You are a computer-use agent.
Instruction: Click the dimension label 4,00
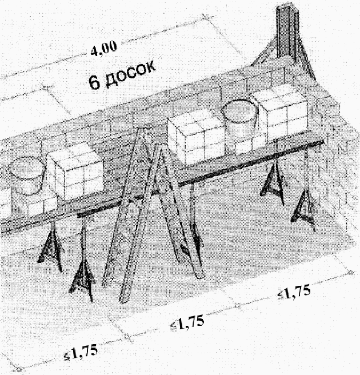coord(104,49)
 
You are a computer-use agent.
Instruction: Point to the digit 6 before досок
coord(94,82)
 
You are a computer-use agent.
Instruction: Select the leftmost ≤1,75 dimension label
coord(81,353)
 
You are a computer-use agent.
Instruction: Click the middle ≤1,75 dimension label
coord(187,323)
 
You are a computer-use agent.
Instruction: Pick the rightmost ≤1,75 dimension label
coord(294,292)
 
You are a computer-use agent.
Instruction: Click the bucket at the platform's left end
coord(27,175)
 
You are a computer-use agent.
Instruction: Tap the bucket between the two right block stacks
coord(239,119)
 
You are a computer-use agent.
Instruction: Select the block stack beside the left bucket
coord(75,171)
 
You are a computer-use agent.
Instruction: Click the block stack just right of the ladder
coord(196,139)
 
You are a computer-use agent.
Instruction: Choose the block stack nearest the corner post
coord(279,110)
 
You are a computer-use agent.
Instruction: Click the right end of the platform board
coord(322,142)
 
